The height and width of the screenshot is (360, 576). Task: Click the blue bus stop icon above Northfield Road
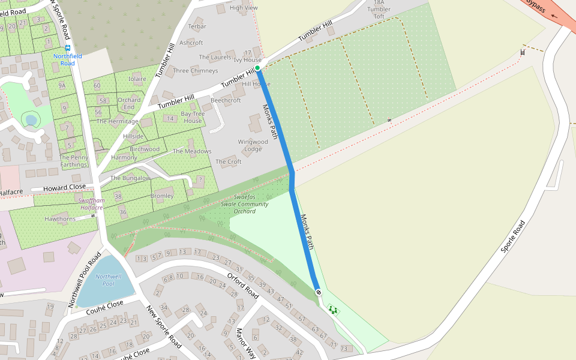pyautogui.click(x=68, y=47)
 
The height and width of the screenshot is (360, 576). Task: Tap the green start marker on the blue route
pyautogui.click(x=257, y=68)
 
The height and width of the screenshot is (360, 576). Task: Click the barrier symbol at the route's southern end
pyautogui.click(x=318, y=292)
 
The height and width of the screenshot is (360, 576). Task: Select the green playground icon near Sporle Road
pyautogui.click(x=333, y=310)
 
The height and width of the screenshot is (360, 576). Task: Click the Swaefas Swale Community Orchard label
pyautogui.click(x=245, y=204)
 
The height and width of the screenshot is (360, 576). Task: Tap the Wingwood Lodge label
pyautogui.click(x=253, y=145)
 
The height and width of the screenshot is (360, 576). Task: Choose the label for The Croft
pyautogui.click(x=228, y=161)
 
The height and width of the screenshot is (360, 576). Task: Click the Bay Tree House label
pyautogui.click(x=193, y=117)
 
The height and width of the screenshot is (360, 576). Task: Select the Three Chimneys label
pyautogui.click(x=195, y=71)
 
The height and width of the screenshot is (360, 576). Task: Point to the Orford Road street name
pyautogui.click(x=242, y=286)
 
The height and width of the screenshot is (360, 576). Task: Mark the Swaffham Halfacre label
pyautogui.click(x=91, y=204)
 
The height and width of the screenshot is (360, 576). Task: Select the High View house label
pyautogui.click(x=243, y=8)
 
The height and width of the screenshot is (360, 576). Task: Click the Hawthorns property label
pyautogui.click(x=61, y=219)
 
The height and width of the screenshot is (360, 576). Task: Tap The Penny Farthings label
pyautogui.click(x=74, y=161)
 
